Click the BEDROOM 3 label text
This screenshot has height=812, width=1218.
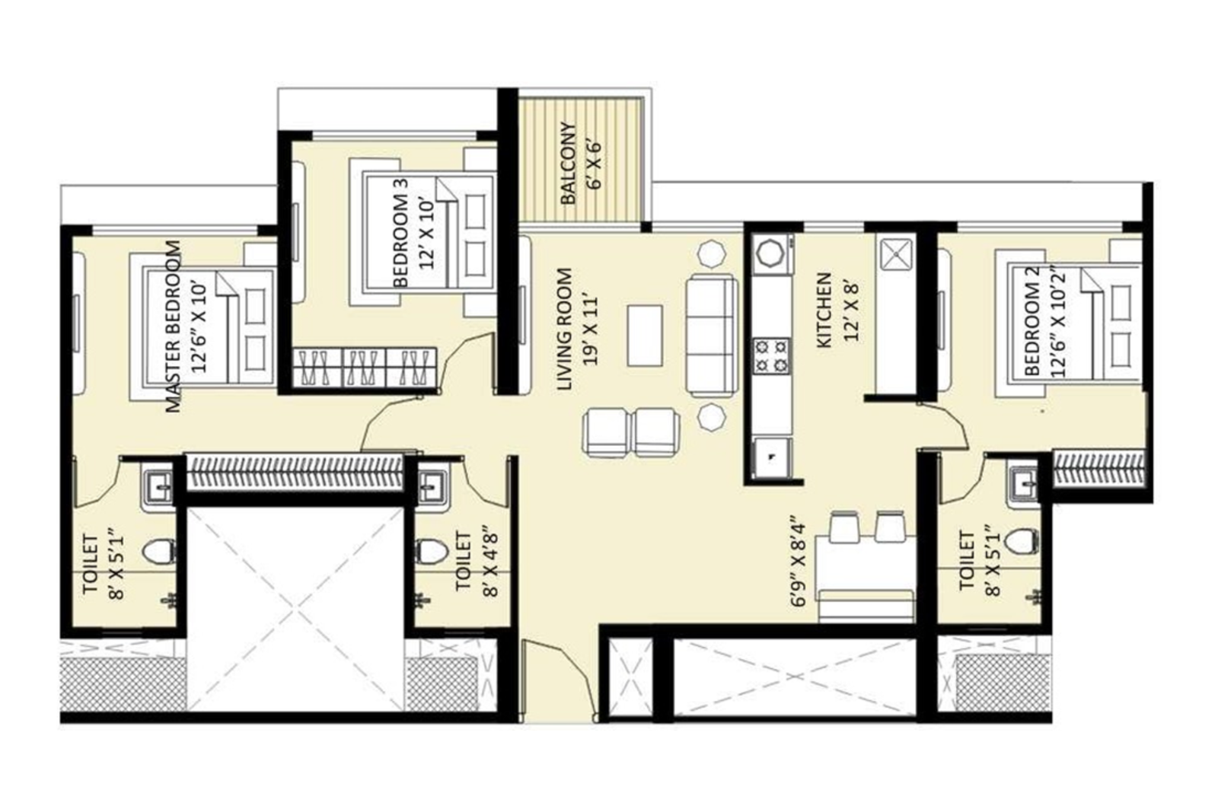pyautogui.click(x=402, y=232)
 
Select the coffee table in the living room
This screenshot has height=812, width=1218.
pyautogui.click(x=645, y=335)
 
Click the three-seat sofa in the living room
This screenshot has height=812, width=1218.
pyautogui.click(x=712, y=336)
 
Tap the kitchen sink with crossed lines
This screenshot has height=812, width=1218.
pyautogui.click(x=897, y=253)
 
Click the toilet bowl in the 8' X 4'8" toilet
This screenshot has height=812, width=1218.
pyautogui.click(x=432, y=550)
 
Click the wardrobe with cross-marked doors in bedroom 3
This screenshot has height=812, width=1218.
pyautogui.click(x=365, y=368)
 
